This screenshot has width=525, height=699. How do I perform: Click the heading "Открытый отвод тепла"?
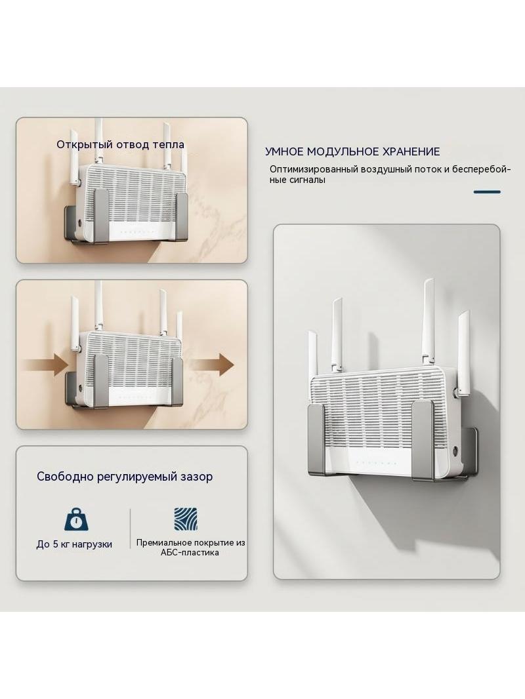pyautogui.click(x=121, y=144)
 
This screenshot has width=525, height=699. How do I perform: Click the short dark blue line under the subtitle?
pyautogui.click(x=487, y=191)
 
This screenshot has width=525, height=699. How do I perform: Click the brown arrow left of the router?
pyautogui.click(x=45, y=364)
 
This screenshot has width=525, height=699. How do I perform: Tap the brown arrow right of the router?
pyautogui.click(x=214, y=364)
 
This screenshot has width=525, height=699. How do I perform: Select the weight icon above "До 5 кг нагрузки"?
pyautogui.click(x=76, y=519)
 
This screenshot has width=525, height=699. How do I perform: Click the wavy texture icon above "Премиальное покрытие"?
pyautogui.click(x=186, y=519)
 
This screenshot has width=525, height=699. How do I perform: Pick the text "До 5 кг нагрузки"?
pyautogui.click(x=74, y=544)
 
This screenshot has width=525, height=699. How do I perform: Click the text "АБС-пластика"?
pyautogui.click(x=190, y=553)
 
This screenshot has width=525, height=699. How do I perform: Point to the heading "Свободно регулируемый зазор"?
pyautogui.click(x=125, y=477)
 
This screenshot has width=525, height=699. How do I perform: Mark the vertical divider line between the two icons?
pyautogui.click(x=130, y=529)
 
